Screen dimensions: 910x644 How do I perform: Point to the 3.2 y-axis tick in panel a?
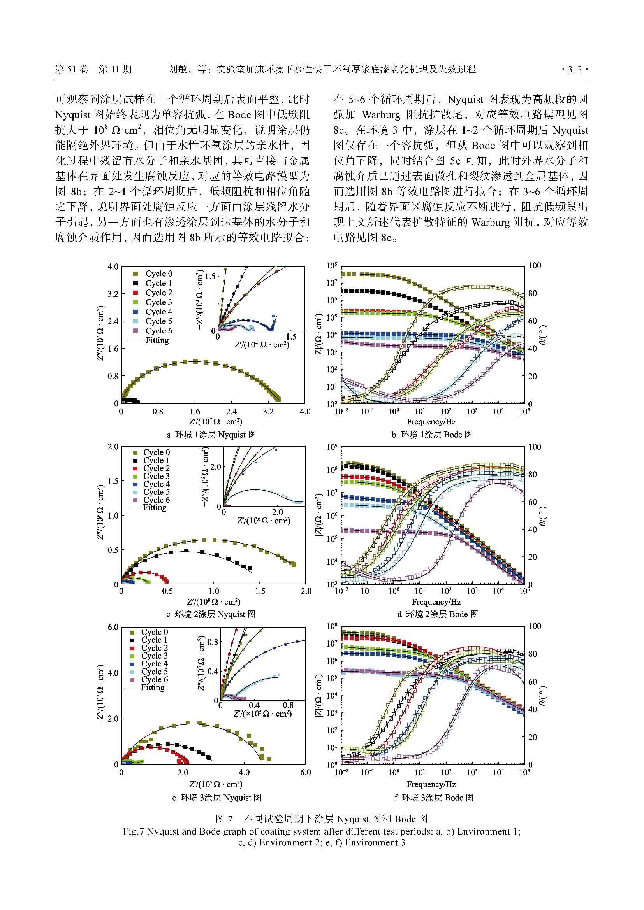(113, 294)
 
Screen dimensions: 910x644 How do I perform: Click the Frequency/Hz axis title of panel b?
(430, 422)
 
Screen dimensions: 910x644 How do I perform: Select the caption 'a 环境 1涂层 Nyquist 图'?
(211, 435)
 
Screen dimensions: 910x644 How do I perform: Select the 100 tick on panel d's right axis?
(535, 447)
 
